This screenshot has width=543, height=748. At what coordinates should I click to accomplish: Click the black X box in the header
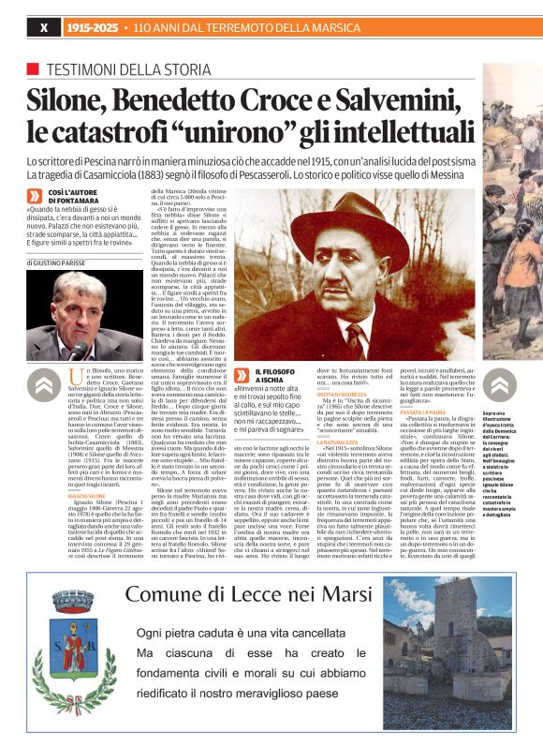tap(43, 28)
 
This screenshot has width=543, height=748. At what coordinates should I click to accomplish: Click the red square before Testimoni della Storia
tap(33, 69)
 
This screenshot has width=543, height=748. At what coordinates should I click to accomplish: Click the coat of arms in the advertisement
tap(74, 647)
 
